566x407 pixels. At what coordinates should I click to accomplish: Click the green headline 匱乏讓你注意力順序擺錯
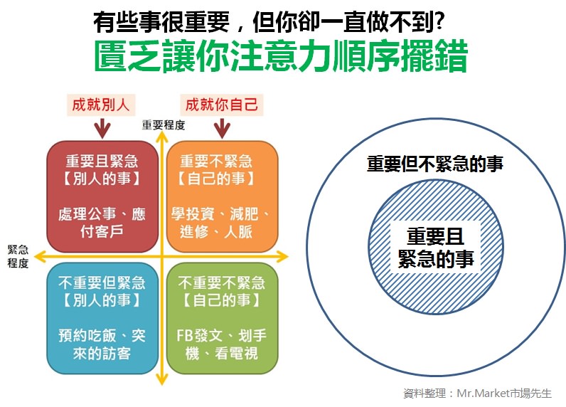click(281, 57)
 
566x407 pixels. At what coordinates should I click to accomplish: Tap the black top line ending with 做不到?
click(269, 21)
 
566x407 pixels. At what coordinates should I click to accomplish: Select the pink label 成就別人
click(101, 105)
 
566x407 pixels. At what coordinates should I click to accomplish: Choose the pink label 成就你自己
click(222, 105)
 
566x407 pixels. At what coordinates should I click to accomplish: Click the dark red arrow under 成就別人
click(103, 128)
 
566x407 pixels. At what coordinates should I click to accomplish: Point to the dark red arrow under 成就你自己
click(222, 128)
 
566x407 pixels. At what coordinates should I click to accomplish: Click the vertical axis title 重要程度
click(164, 125)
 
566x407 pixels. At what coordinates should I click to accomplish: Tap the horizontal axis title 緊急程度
click(18, 256)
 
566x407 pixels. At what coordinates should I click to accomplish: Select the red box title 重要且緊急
click(102, 161)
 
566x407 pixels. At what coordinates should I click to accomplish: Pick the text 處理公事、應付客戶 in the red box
click(102, 223)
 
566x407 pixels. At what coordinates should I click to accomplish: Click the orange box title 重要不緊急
click(216, 161)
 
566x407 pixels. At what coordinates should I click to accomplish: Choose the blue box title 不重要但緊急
click(102, 282)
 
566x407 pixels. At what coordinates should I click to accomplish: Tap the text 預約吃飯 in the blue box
click(87, 336)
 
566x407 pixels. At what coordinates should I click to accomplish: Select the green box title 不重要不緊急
click(222, 282)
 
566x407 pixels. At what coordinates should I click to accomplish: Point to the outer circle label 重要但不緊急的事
click(435, 164)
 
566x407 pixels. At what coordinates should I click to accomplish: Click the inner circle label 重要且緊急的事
click(436, 248)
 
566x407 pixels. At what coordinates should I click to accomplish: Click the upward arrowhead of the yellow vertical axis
click(162, 135)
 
